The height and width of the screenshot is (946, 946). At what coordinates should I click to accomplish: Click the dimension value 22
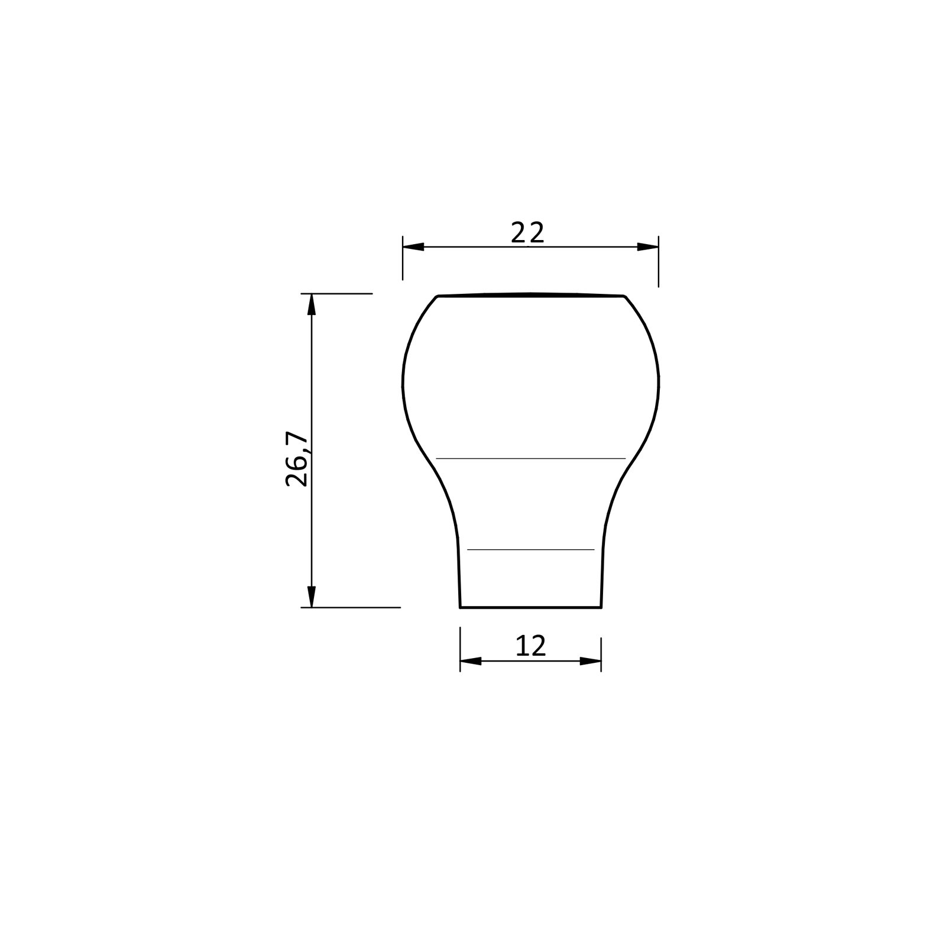coord(527,233)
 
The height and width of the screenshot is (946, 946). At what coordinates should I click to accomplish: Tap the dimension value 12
coord(530,646)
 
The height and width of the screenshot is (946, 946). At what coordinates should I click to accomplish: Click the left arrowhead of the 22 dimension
coord(413,247)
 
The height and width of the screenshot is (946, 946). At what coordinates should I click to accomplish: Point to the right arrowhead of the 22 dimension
coord(647,247)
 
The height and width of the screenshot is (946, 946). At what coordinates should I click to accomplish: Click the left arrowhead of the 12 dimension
coord(471,661)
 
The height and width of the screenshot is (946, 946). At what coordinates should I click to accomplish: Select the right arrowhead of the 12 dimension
coord(590,661)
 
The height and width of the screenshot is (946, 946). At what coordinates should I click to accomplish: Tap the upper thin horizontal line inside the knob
coord(530,458)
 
